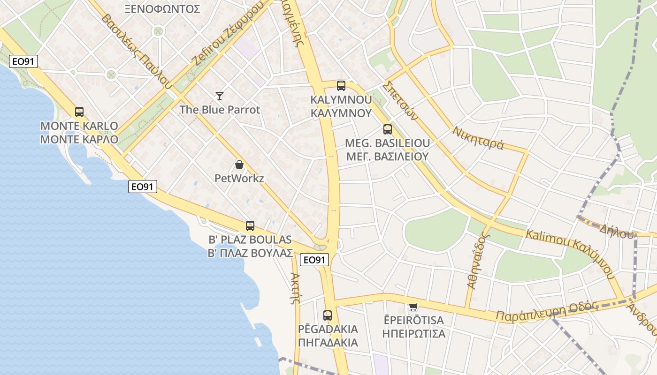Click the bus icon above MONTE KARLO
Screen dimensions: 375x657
(79, 112)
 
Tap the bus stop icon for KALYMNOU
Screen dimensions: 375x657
(341, 86)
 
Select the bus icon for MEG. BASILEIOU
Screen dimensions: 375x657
(387, 129)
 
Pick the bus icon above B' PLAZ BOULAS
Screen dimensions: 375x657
(250, 226)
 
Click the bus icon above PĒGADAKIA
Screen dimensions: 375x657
(328, 315)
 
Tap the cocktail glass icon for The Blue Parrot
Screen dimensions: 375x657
(219, 96)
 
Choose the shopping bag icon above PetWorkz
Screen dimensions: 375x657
(239, 165)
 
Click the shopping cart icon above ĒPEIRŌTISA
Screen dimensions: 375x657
(413, 307)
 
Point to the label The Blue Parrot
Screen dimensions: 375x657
(220, 110)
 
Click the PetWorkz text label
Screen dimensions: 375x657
(239, 178)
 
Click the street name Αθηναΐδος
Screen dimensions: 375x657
(478, 261)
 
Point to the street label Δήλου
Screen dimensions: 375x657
(616, 231)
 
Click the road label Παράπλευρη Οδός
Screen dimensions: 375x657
(548, 312)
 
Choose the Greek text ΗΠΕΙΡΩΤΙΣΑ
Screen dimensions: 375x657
(413, 334)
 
